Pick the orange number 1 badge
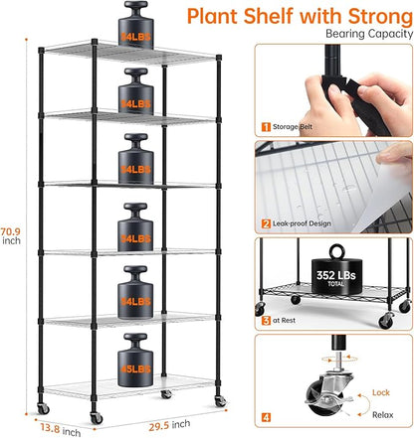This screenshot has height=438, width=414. [266, 127]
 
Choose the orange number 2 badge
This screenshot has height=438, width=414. [266, 224]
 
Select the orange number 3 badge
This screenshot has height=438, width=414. [266, 321]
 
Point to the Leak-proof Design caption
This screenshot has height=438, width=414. [310, 224]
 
